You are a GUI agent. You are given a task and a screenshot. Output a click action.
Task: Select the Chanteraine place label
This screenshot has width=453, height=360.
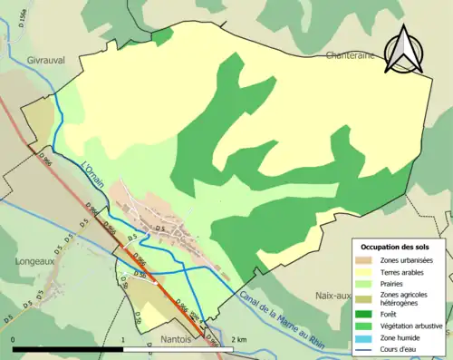point(350,55)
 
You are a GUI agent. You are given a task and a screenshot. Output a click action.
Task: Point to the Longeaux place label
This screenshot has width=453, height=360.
point(36,260)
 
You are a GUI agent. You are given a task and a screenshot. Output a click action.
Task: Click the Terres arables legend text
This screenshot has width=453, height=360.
point(406,272)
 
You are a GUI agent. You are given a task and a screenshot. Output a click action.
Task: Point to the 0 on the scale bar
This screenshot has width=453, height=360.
point(14,339)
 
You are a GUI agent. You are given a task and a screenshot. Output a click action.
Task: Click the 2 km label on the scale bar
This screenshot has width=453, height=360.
point(238,339)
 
